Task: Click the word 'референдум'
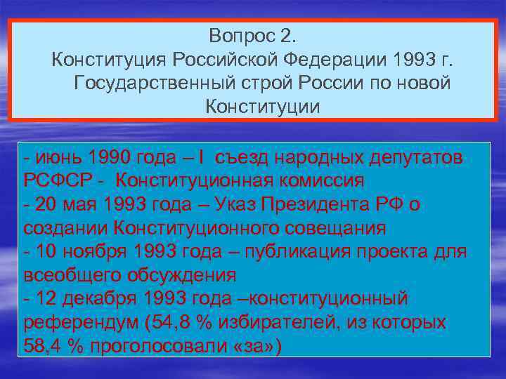pyautogui.click(x=78, y=322)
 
